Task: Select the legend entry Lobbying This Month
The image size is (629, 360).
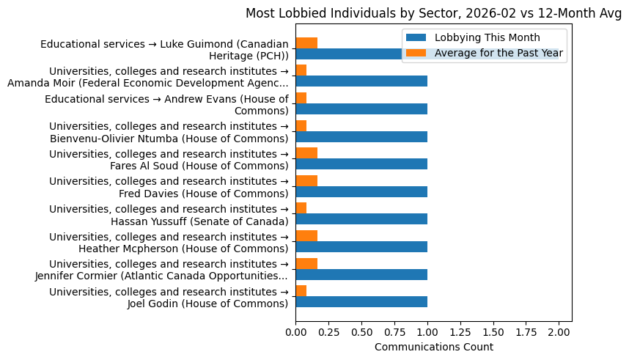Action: pyautogui.click(x=487, y=38)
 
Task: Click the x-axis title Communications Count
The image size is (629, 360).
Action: pyautogui.click(x=433, y=347)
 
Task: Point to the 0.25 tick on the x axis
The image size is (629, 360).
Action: pyautogui.click(x=328, y=332)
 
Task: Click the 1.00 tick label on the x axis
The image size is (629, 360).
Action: pyautogui.click(x=427, y=332)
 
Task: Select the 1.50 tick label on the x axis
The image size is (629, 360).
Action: pyautogui.click(x=493, y=332)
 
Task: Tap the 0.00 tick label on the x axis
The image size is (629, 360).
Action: pyautogui.click(x=295, y=332)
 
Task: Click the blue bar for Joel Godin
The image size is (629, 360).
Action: pyautogui.click(x=361, y=302)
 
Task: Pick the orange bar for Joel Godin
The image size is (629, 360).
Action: pyautogui.click(x=301, y=291)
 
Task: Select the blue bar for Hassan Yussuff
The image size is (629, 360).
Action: pyautogui.click(x=361, y=219)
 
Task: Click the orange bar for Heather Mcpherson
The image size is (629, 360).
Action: pyautogui.click(x=306, y=236)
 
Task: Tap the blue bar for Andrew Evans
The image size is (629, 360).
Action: pyautogui.click(x=361, y=109)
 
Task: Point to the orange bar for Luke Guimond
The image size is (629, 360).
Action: pyautogui.click(x=306, y=43)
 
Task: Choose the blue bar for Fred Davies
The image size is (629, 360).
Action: pyautogui.click(x=361, y=192)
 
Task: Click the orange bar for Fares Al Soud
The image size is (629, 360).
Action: pyautogui.click(x=306, y=153)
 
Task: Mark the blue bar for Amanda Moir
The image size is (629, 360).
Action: pyautogui.click(x=361, y=81)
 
